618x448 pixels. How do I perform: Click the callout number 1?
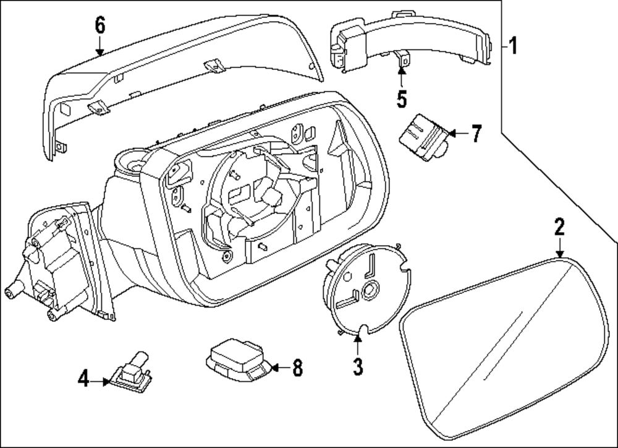pos(512,46)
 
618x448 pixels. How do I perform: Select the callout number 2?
pos(560,227)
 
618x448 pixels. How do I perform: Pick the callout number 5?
pos(401,98)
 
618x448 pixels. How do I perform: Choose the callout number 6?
pos(100,25)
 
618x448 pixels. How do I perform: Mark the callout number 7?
pos(476,134)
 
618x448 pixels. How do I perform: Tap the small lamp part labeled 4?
pos(130,373)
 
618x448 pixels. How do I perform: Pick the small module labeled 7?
pos(424,137)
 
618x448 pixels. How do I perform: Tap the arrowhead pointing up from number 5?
pos(401,71)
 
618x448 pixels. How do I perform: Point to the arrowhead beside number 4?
pos(106,382)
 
